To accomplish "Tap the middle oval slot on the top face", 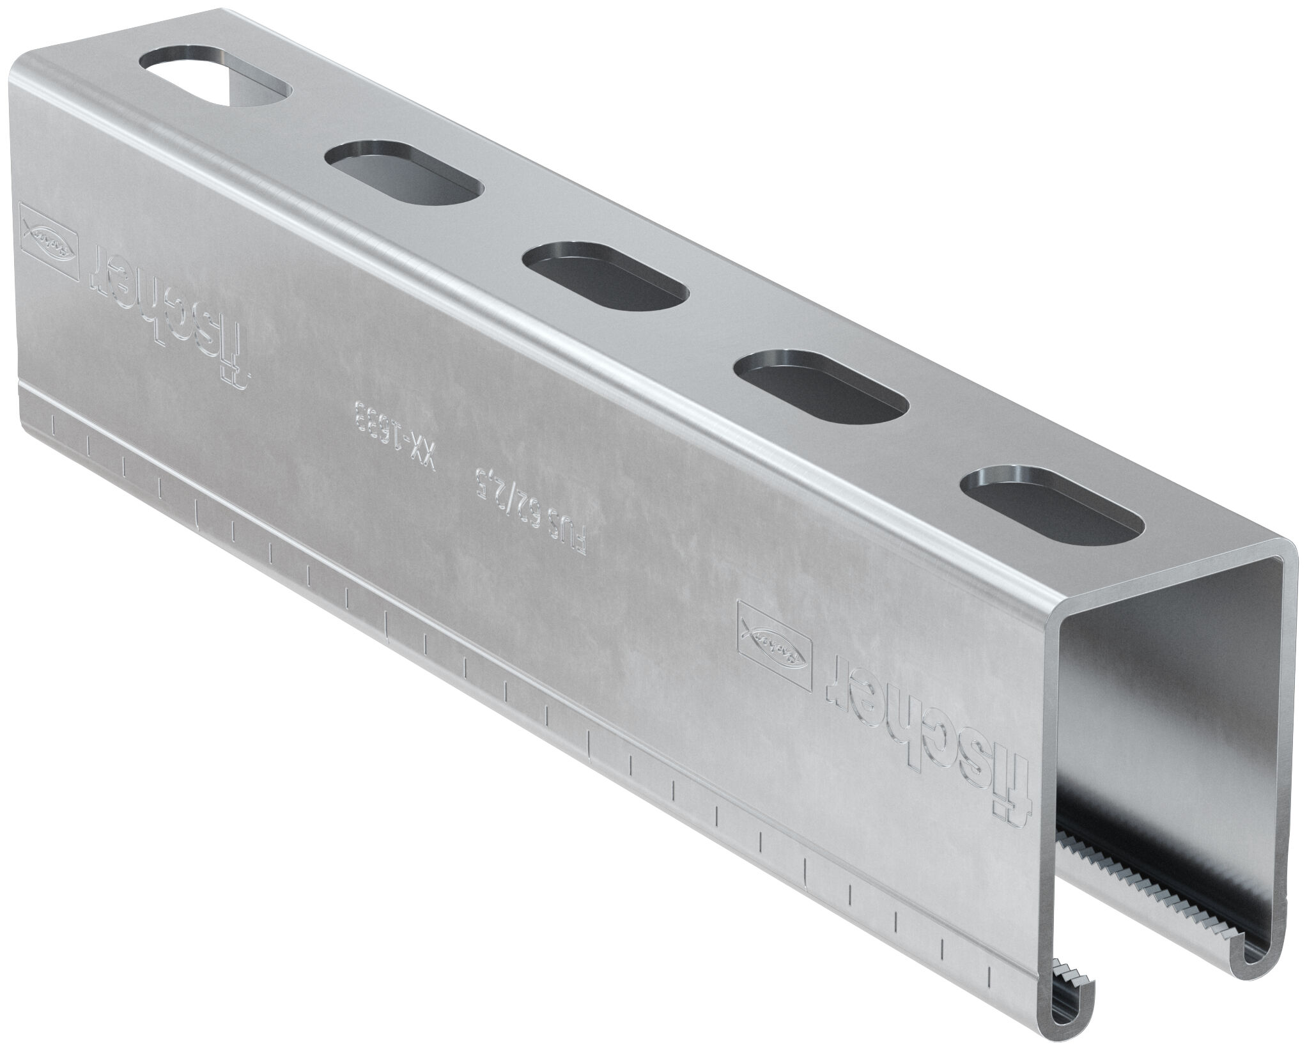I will (x=605, y=276).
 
